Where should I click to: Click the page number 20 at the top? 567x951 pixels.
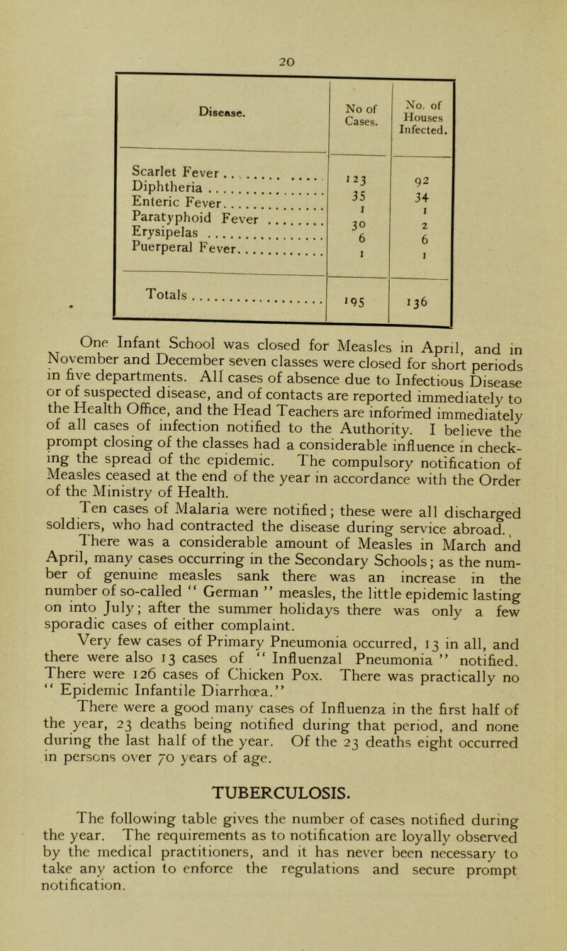(x=283, y=11)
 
